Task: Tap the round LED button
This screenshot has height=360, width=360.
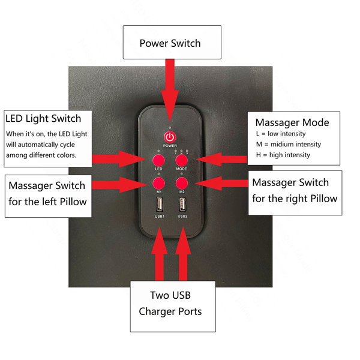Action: (x=158, y=160)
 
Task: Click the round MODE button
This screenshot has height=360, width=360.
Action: (x=181, y=160)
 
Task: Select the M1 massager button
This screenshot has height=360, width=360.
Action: (x=158, y=183)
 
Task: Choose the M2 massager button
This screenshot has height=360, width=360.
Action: (x=182, y=183)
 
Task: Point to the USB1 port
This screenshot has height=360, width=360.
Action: (x=160, y=204)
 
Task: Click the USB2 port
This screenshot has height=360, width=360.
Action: (x=182, y=204)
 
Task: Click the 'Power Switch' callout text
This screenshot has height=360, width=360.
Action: (x=170, y=43)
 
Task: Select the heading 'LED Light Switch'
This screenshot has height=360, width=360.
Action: (x=43, y=119)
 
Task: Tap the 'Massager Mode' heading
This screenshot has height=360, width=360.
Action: (x=292, y=122)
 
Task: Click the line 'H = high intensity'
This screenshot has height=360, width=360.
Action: (x=283, y=155)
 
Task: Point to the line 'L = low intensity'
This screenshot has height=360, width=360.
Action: (x=281, y=134)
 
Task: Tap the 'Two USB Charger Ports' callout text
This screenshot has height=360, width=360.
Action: (x=170, y=303)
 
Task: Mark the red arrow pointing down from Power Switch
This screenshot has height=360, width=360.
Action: (x=170, y=90)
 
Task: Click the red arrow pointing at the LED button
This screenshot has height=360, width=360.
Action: (x=119, y=159)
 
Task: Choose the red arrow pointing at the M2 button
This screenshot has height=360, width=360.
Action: (x=221, y=183)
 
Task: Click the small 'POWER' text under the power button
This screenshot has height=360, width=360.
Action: (x=170, y=146)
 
